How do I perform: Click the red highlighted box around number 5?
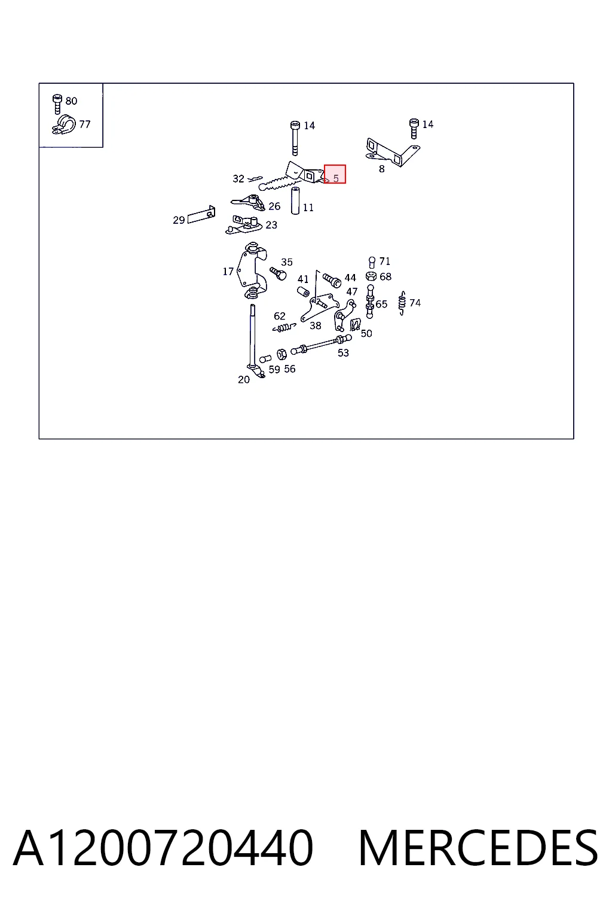(335, 174)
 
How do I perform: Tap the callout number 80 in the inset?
(71, 101)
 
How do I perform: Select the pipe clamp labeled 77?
(63, 124)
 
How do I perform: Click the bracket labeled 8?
(392, 152)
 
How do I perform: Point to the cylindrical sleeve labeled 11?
(295, 200)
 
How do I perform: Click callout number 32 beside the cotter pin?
(238, 179)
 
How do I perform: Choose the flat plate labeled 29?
(201, 215)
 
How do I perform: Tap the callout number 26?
(274, 206)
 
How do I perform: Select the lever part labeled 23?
(243, 225)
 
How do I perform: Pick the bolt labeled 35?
(278, 273)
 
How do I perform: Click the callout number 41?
(303, 279)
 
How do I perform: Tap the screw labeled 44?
(332, 281)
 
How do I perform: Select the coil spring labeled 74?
(402, 303)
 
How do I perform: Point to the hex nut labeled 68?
(371, 276)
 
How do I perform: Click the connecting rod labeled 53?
(321, 345)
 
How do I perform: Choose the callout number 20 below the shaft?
(243, 380)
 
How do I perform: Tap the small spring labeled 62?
(284, 327)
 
